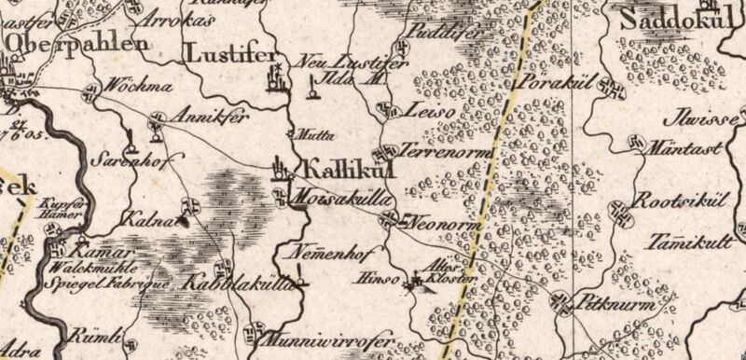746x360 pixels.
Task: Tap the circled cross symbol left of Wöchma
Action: pyautogui.click(x=91, y=91)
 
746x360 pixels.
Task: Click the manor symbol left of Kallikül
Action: pyautogui.click(x=278, y=171)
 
